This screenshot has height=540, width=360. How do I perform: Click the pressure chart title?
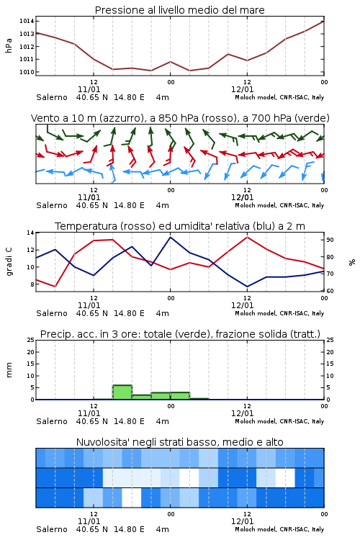[179, 10]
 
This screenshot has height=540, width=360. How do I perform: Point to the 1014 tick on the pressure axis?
[27, 21]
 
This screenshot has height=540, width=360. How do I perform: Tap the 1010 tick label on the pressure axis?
[27, 72]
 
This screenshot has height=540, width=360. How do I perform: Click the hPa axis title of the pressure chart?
[9, 45]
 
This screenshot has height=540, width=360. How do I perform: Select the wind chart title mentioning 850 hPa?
[180, 118]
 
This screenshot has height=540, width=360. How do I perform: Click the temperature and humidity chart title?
[180, 226]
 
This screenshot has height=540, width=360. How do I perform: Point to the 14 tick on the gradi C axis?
[30, 233]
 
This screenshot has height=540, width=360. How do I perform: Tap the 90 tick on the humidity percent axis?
[330, 240]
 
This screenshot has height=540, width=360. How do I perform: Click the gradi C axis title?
[9, 262]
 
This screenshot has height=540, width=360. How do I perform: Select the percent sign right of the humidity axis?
[352, 262]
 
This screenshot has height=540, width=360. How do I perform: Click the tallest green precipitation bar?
[122, 392]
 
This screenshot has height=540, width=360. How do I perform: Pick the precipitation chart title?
[180, 334]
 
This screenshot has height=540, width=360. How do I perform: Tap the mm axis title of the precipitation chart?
[9, 370]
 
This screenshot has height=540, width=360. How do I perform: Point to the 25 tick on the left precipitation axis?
[30, 341]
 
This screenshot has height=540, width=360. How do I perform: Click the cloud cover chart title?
[179, 442]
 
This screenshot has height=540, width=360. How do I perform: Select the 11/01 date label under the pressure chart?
[89, 89]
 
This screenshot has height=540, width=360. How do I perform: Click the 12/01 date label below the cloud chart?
[242, 521]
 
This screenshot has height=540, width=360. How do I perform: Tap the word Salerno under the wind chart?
[52, 205]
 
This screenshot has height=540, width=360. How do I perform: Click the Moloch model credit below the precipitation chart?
[279, 421]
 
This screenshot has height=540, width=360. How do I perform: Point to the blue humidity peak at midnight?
[170, 237]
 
